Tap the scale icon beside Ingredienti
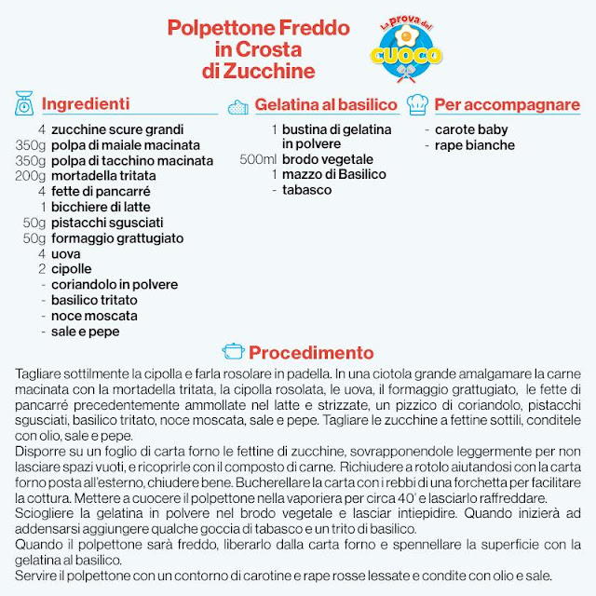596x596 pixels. (x=25, y=103)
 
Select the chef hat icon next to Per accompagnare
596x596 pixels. (x=418, y=103)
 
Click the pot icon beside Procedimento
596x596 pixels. (x=233, y=352)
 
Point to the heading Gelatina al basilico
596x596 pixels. (x=326, y=104)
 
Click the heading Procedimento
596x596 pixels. (x=311, y=353)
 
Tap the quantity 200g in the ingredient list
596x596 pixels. (x=30, y=176)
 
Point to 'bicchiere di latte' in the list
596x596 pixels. (x=101, y=207)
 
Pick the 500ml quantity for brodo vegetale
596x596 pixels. (x=258, y=160)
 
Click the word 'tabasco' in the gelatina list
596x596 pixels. (x=306, y=190)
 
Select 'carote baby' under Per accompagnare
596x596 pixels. (x=471, y=130)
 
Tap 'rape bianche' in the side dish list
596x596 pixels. (x=475, y=145)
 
